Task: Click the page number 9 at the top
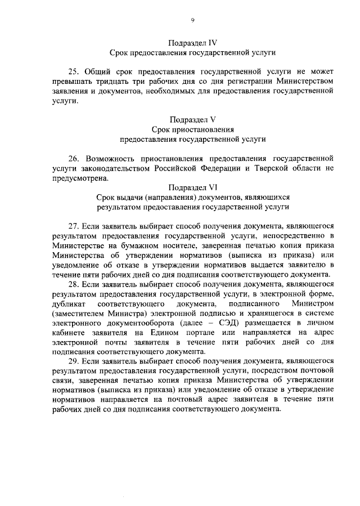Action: pyautogui.click(x=192, y=20)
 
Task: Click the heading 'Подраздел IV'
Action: pyautogui.click(x=193, y=42)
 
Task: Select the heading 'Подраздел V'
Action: pyautogui.click(x=193, y=119)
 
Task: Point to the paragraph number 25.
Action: pyautogui.click(x=74, y=73)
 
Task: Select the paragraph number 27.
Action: pyautogui.click(x=74, y=227)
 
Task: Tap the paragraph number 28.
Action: pyautogui.click(x=74, y=285)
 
